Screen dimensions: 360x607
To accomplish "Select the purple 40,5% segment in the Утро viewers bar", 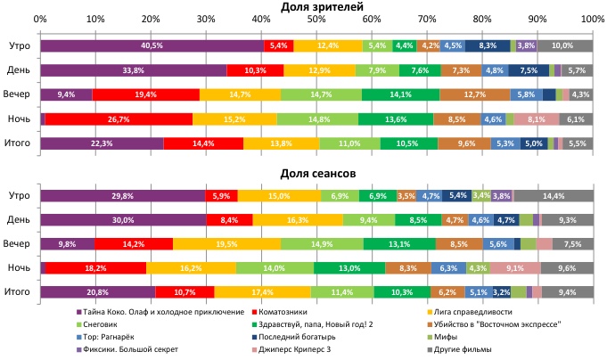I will pos(152,45).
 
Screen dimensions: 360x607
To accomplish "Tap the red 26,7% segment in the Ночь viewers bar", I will pos(119,119).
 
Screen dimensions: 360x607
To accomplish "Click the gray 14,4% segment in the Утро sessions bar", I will pos(554,195).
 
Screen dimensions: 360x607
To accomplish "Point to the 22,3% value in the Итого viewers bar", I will pos(102,143).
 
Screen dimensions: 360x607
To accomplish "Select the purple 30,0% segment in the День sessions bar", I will pos(123,219).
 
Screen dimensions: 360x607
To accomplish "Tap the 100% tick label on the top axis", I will pos(591,19).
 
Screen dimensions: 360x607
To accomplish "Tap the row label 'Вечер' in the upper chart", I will pos(20,94).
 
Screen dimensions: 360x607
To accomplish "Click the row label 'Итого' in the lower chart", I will pos(20,291).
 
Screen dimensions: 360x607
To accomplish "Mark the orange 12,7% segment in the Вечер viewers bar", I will pos(474,94).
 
